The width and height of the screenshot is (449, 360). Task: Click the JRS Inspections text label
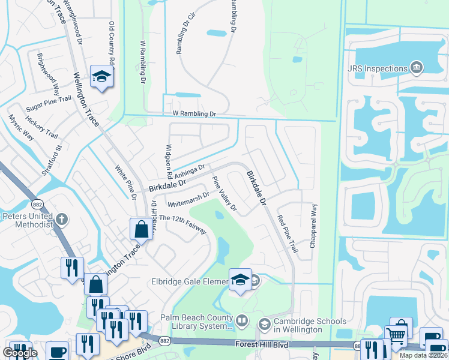[x=377, y=68]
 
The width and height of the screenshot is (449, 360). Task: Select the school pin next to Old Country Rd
[x=102, y=76]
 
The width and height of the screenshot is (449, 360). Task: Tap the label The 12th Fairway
[x=182, y=225]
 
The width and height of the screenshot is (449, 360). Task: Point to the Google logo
[x=20, y=352]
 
